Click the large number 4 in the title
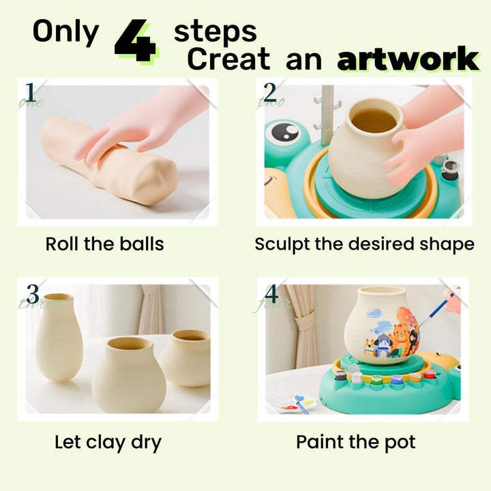135,40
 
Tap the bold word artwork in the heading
408,60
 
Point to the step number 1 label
30,92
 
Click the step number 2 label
270,92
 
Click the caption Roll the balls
104,243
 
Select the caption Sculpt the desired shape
364,243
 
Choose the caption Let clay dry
108,442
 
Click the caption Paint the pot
355,442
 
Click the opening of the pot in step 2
373,121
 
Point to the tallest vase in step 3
59,338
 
